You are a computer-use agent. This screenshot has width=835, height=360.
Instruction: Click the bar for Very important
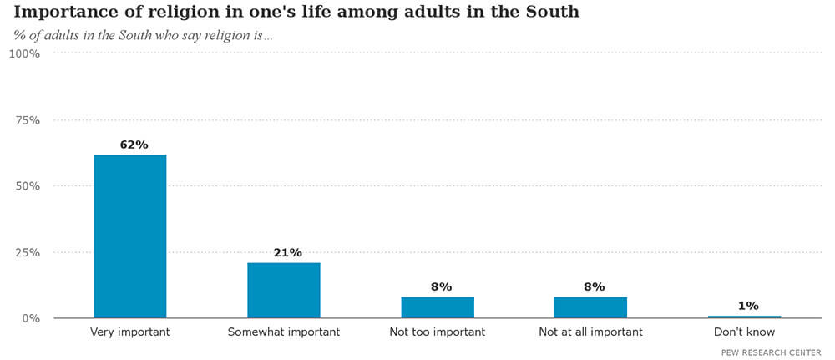pos(129,236)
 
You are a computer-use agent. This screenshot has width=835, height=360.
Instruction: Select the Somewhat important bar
pos(283,290)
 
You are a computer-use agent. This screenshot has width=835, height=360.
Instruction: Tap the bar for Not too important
pos(438,307)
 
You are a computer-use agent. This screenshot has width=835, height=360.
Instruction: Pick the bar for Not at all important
pos(590,307)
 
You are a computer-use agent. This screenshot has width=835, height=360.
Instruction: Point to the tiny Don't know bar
pos(744,317)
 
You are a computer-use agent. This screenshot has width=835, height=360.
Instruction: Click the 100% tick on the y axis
pos(24,53)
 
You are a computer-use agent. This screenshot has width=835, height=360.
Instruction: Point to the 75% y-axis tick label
pos(27,120)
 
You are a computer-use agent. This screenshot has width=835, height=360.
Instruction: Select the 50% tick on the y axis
pos(27,186)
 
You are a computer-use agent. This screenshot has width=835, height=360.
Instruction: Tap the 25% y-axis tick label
pos(27,252)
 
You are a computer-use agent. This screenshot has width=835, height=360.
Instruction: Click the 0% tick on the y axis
pos(30,318)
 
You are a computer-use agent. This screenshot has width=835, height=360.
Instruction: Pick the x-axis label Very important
pos(129,332)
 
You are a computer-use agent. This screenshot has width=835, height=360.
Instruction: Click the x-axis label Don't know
pos(744,332)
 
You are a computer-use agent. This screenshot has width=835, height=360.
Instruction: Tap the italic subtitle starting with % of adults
pos(143,36)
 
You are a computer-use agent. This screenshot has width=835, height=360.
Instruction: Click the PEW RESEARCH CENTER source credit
pos(771,352)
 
